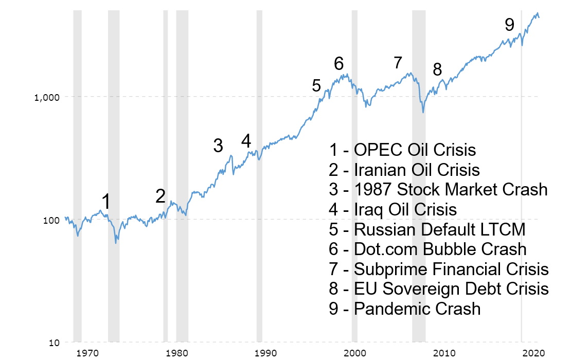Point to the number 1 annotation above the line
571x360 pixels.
click(105, 202)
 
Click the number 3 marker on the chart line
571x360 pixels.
click(218, 146)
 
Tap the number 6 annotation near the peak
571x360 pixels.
click(338, 63)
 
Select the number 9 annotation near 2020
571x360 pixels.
click(509, 24)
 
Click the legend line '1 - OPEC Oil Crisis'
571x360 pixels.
click(402, 150)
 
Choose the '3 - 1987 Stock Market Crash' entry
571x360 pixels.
click(438, 189)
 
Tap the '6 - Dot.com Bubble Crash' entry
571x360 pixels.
click(427, 249)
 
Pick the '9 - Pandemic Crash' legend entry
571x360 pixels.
click(405, 309)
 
